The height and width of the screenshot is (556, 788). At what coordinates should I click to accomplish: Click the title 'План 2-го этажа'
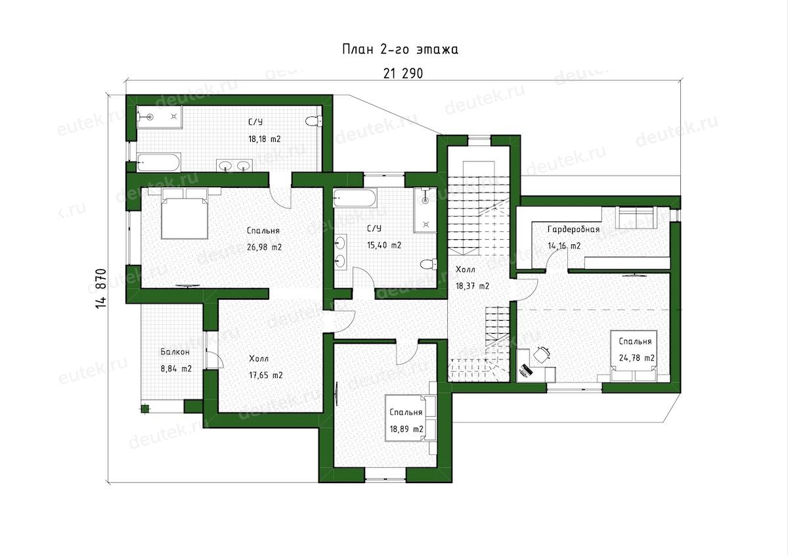coord(401,49)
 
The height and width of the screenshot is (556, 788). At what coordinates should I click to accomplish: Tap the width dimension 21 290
coord(403,73)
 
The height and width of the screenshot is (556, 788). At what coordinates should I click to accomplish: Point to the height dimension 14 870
coord(101,289)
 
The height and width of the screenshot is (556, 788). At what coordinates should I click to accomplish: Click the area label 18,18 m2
coord(265,139)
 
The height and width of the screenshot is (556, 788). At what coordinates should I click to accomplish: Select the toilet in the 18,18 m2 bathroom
coord(313,122)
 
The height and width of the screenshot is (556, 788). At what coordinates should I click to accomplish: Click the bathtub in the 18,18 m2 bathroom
coord(159,162)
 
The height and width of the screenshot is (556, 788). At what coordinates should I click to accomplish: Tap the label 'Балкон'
coord(175,352)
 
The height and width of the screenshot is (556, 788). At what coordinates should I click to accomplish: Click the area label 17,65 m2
coord(266,375)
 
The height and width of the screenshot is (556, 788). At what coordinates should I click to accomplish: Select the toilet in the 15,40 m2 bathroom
coord(428,264)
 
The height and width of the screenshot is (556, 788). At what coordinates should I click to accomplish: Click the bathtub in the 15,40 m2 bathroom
coord(355,198)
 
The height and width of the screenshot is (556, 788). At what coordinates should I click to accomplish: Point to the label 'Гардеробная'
coord(573,229)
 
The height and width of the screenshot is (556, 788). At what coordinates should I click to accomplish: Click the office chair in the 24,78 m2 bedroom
coord(542,353)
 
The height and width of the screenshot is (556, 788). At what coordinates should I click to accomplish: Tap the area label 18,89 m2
coord(406,429)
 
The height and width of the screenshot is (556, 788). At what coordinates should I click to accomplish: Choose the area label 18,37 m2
coord(472,286)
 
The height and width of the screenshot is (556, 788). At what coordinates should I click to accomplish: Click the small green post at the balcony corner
coord(144,409)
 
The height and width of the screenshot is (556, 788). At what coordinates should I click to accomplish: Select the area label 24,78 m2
coord(637,358)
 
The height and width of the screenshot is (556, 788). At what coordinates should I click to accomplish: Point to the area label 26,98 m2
coord(264,247)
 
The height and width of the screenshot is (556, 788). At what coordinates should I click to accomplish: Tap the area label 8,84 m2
coord(176,369)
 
